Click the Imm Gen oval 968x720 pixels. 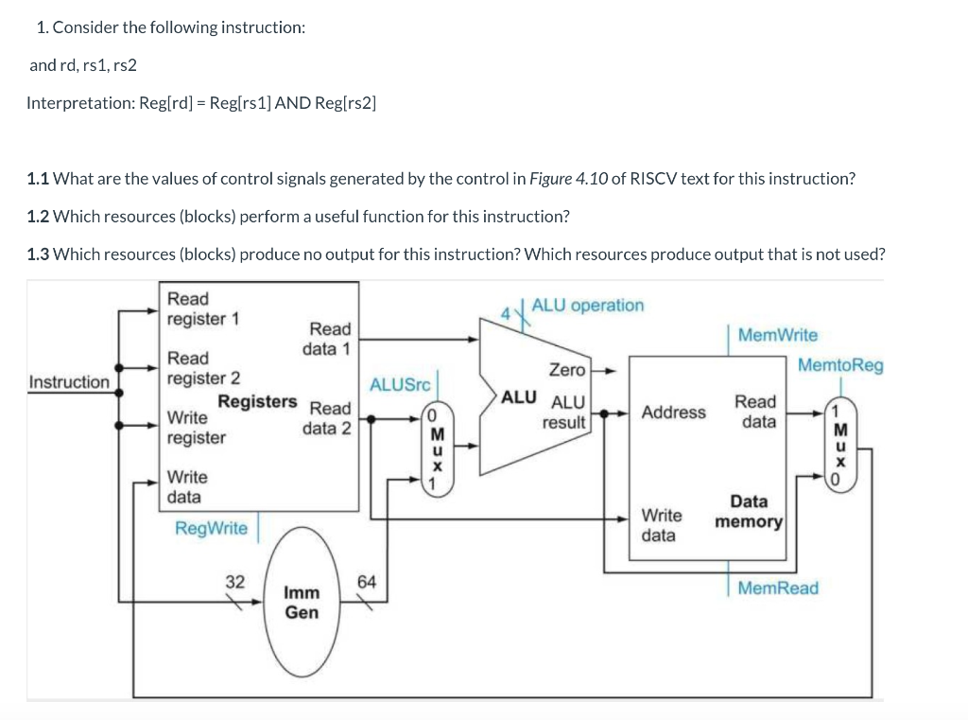(x=302, y=603)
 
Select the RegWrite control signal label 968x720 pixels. (x=211, y=528)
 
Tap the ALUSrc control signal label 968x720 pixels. (x=399, y=384)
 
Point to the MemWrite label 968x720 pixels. (x=777, y=335)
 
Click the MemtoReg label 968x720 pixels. (x=840, y=364)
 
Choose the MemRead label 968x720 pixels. (x=777, y=588)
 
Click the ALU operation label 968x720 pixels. (x=587, y=306)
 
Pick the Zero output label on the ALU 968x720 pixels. (x=566, y=369)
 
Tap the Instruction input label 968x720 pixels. (x=69, y=382)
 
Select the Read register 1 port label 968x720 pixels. (x=202, y=308)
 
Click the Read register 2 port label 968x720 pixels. (x=202, y=368)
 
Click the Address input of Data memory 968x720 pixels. (x=673, y=413)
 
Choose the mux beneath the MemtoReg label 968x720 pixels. (x=835, y=444)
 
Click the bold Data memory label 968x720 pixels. (x=749, y=512)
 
